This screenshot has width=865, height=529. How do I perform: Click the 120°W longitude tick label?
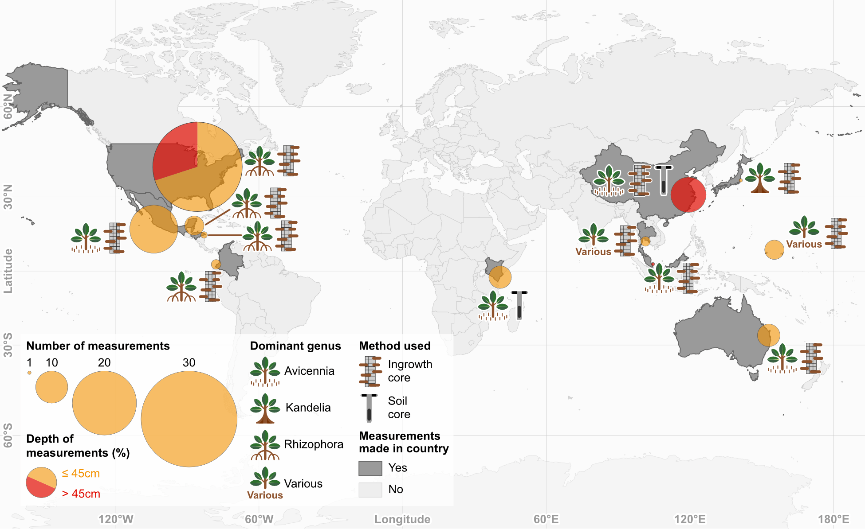pyautogui.click(x=115, y=519)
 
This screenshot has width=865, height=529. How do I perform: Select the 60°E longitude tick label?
pyautogui.click(x=546, y=519)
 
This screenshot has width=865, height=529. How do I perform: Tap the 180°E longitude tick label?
pyautogui.click(x=834, y=519)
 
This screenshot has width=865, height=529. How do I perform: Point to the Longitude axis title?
pyautogui.click(x=402, y=519)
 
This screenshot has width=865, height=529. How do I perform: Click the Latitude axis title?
pyautogui.click(x=8, y=271)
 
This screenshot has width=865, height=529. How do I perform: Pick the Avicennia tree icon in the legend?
pyautogui.click(x=265, y=371)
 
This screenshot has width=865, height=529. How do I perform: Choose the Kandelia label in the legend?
pyautogui.click(x=308, y=408)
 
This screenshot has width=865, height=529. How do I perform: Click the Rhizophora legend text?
pyautogui.click(x=313, y=444)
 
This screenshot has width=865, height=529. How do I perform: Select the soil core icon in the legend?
pyautogui.click(x=369, y=408)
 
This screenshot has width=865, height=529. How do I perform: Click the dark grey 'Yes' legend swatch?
pyautogui.click(x=370, y=468)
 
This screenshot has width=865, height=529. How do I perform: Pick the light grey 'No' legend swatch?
pyautogui.click(x=370, y=490)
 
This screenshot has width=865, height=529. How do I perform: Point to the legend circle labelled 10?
pyautogui.click(x=51, y=387)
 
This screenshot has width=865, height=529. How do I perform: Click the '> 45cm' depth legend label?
pyautogui.click(x=81, y=494)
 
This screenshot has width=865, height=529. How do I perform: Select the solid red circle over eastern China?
pyautogui.click(x=688, y=194)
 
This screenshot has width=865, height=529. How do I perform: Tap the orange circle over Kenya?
pyautogui.click(x=500, y=277)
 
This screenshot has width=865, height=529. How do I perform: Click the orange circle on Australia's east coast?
pyautogui.click(x=768, y=335)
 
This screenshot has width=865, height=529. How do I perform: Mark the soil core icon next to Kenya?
pyautogui.click(x=519, y=305)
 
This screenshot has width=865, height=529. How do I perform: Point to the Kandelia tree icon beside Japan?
pyautogui.click(x=759, y=178)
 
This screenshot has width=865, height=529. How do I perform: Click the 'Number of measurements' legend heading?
pyautogui.click(x=98, y=346)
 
